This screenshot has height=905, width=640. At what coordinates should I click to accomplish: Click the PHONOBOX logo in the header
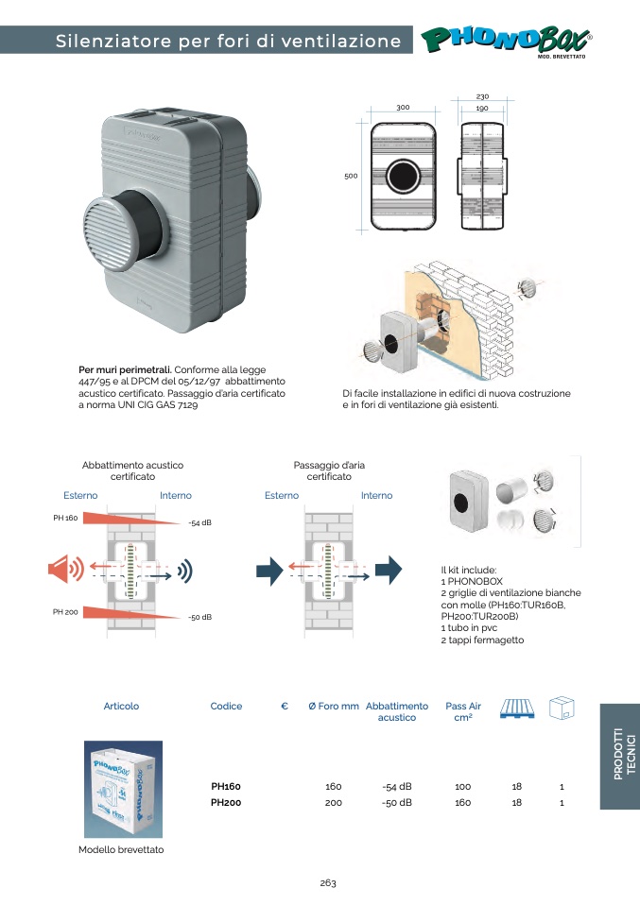(507, 40)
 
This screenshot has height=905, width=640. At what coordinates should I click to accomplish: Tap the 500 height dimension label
(351, 176)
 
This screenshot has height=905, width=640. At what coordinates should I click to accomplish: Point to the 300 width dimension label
(403, 108)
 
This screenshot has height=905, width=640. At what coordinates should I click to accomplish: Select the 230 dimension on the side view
(482, 96)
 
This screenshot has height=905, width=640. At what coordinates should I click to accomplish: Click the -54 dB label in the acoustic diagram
(199, 522)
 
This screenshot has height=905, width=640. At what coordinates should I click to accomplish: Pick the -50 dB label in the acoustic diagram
(199, 617)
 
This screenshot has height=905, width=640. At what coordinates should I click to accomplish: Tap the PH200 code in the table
(226, 803)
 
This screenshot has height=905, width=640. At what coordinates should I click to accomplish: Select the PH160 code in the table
(226, 786)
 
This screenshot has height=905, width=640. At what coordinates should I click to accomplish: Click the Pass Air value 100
(462, 786)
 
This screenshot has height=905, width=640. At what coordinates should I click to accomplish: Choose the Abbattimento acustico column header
(396, 711)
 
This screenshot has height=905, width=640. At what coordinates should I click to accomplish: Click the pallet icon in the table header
(516, 708)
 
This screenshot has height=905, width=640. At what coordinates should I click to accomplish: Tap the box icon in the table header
(562, 708)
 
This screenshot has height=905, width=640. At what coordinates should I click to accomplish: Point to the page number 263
(328, 883)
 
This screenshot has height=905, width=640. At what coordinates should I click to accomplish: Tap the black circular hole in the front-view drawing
(403, 177)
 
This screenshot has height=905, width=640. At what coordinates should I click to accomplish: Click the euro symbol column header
(285, 706)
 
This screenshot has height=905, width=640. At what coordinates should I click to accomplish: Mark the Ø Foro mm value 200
(333, 803)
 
